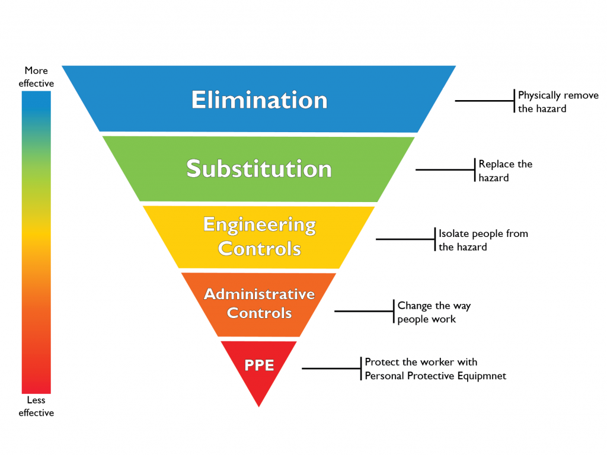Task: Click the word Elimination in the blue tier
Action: [259, 100]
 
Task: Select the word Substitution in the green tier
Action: [259, 169]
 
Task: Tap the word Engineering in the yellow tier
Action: [259, 225]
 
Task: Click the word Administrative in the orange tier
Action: [259, 294]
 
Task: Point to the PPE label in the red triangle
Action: [259, 365]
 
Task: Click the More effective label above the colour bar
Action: [36, 77]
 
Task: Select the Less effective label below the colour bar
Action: [36, 406]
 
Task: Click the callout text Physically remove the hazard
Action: [558, 102]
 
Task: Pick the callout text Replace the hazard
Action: [505, 171]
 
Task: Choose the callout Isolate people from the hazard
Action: [483, 240]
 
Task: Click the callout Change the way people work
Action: [433, 312]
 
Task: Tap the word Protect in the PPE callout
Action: [381, 362]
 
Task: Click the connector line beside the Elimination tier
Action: [484, 101]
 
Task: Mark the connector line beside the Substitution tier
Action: [445, 169]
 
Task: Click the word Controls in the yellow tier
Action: [259, 248]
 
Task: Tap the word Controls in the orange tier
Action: [259, 313]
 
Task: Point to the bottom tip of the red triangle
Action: [259, 405]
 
